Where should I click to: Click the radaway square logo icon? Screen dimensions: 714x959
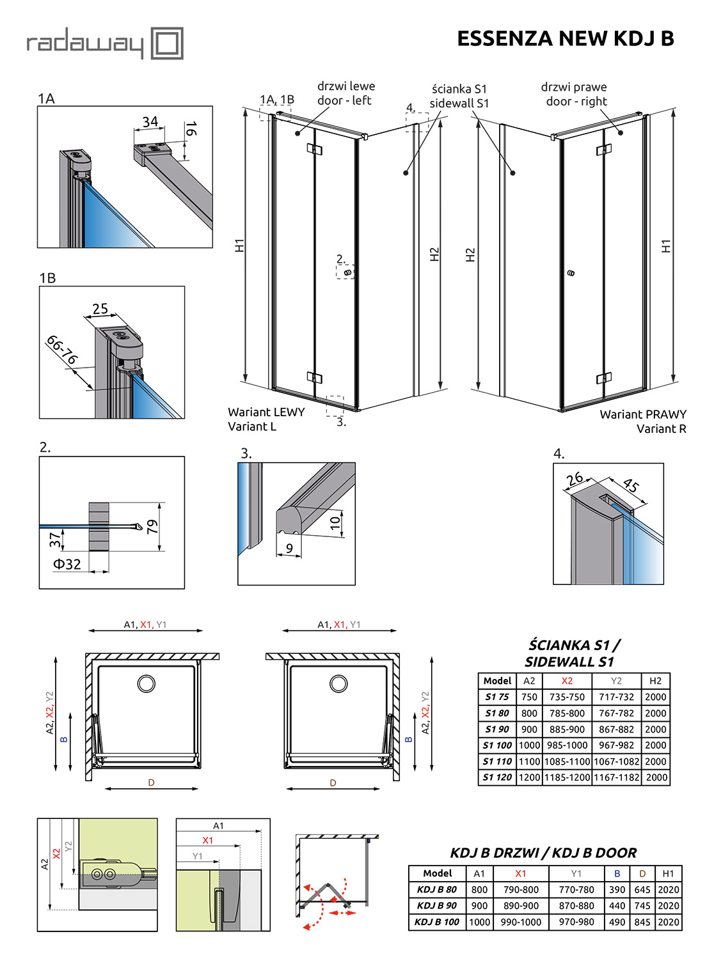click(x=167, y=43)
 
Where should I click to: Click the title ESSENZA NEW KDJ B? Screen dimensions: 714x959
click(x=565, y=38)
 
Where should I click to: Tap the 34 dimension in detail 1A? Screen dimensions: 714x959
click(x=150, y=122)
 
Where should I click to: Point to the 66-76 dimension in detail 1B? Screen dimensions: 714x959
click(x=62, y=349)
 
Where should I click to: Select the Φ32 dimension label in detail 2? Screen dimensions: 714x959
click(x=67, y=564)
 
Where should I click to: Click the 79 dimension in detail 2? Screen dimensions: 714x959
click(x=152, y=526)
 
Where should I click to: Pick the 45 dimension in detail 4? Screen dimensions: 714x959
click(x=631, y=485)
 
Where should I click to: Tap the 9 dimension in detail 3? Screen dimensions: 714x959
click(x=289, y=549)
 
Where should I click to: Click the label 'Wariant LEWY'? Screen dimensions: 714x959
click(x=266, y=412)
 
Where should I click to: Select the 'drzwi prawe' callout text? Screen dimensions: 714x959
click(x=574, y=87)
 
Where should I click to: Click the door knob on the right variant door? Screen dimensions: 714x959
click(x=571, y=273)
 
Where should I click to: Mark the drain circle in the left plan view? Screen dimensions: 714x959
click(x=147, y=683)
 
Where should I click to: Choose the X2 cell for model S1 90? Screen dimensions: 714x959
click(x=567, y=729)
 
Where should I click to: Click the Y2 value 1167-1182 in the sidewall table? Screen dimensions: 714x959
click(x=616, y=777)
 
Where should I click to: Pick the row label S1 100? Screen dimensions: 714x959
click(x=497, y=745)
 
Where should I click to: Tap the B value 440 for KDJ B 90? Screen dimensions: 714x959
click(x=617, y=905)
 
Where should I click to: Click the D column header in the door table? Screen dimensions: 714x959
click(x=642, y=873)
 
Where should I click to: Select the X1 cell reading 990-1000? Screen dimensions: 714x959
click(x=521, y=922)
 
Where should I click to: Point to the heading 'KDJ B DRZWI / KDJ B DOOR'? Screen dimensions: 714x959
click(x=543, y=852)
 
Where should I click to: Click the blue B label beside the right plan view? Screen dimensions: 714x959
click(x=408, y=739)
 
